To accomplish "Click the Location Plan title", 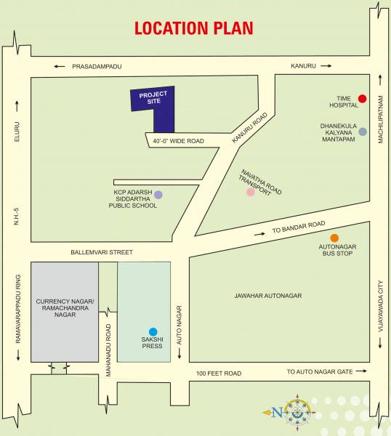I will click(x=193, y=28).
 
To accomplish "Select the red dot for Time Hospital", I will click(x=362, y=99).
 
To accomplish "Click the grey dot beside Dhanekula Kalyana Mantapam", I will click(x=362, y=132).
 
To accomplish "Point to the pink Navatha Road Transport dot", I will click(x=251, y=192).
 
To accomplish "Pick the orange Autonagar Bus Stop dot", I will click(x=334, y=238).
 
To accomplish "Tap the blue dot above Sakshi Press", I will click(x=153, y=331).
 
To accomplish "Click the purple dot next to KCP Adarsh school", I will click(x=158, y=194).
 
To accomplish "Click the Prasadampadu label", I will click(x=97, y=66).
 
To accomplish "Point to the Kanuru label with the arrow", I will click(x=304, y=66).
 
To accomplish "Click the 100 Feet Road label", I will click(x=219, y=374).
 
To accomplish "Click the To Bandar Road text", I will click(x=298, y=227).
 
